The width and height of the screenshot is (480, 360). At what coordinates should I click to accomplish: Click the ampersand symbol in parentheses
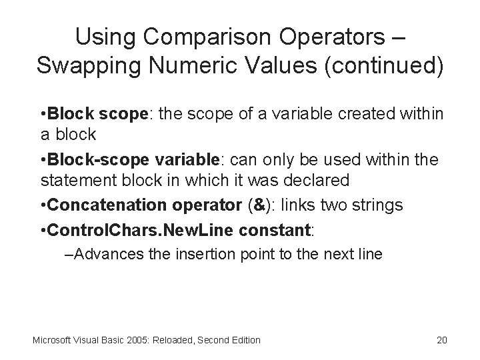pyautogui.click(x=257, y=205)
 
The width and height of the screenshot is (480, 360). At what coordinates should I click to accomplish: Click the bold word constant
pyautogui.click(x=277, y=229)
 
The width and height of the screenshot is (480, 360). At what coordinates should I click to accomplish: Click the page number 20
pyautogui.click(x=441, y=340)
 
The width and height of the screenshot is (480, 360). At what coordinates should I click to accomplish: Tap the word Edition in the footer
pyautogui.click(x=244, y=340)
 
